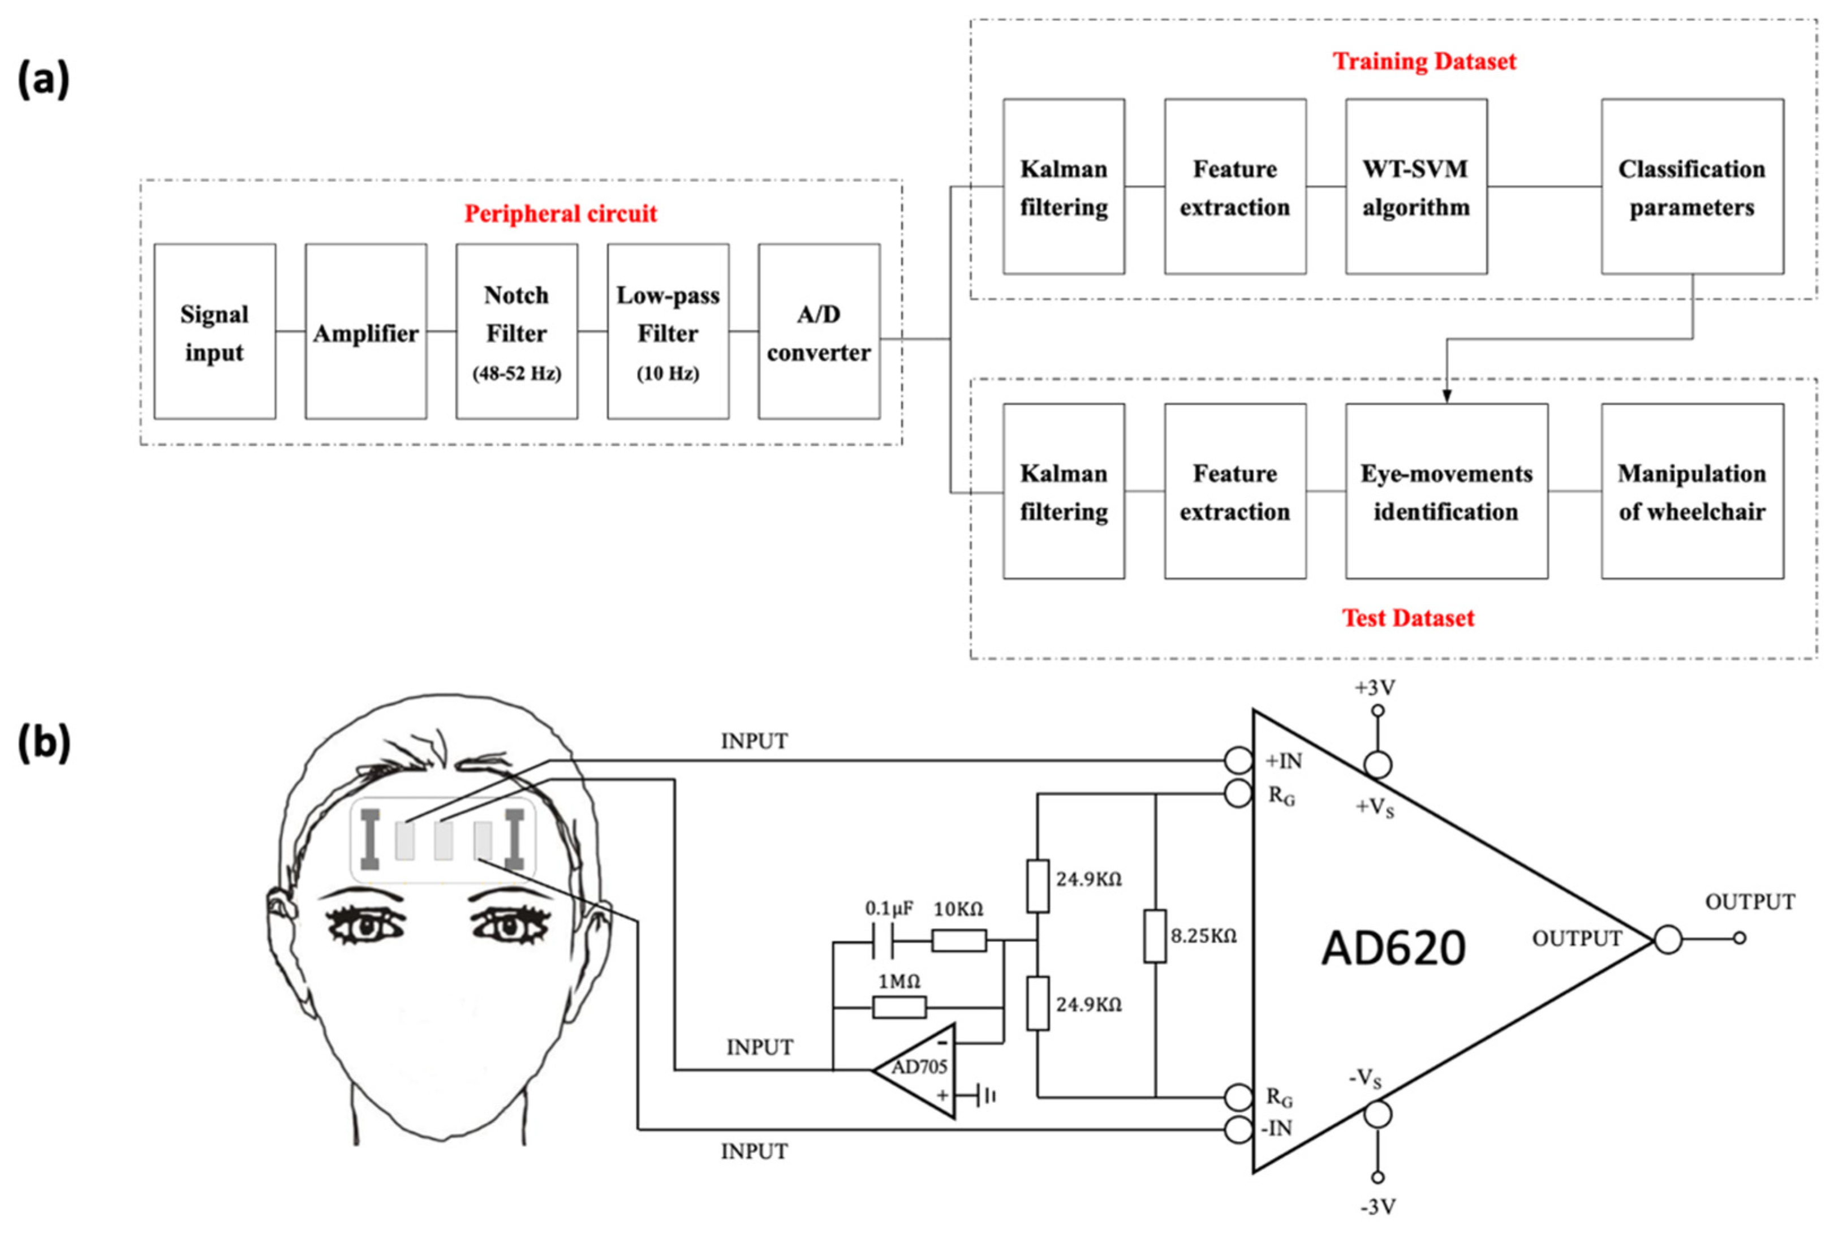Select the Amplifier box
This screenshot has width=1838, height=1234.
click(x=366, y=332)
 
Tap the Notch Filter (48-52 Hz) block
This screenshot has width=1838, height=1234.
click(x=516, y=332)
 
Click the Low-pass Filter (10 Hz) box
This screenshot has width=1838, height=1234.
click(x=667, y=332)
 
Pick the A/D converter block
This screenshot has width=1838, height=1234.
click(x=818, y=332)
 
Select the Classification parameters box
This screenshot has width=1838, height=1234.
click(x=1691, y=187)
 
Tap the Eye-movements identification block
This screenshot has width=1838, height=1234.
click(x=1446, y=491)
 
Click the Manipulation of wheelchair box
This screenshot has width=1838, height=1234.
click(x=1691, y=491)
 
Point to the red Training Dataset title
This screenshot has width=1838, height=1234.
click(x=1423, y=61)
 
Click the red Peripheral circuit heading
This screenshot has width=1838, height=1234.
click(x=560, y=213)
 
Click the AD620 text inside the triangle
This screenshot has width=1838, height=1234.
click(x=1393, y=948)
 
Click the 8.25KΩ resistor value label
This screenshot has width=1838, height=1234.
click(x=1204, y=936)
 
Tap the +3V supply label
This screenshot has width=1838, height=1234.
click(x=1375, y=688)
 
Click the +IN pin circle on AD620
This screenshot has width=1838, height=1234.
click(x=1238, y=761)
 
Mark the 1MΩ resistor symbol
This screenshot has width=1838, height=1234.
click(x=899, y=1007)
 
